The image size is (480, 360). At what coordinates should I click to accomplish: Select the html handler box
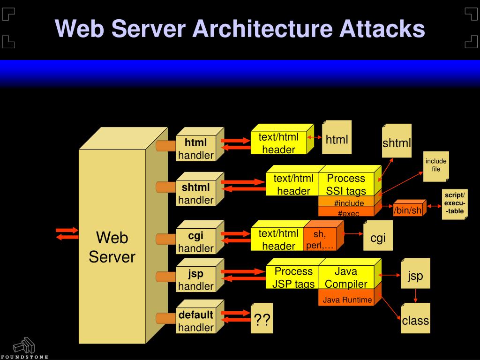196,149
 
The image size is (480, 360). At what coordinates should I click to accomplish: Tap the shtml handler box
196,194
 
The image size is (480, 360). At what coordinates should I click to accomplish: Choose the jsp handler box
196,279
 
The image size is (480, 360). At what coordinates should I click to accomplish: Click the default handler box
196,321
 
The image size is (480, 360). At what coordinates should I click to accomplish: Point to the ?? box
262,321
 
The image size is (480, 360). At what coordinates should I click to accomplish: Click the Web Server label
112,247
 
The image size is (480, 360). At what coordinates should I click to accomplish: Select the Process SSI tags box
346,185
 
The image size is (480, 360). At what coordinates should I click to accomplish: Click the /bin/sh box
408,210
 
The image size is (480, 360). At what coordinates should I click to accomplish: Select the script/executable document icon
454,203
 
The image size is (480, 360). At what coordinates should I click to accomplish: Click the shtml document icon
397,142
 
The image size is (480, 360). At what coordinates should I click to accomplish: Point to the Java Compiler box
346,277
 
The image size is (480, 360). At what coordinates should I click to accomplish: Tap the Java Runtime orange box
347,300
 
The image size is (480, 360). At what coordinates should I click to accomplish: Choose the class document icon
415,320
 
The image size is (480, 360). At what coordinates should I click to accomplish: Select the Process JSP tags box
293,277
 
